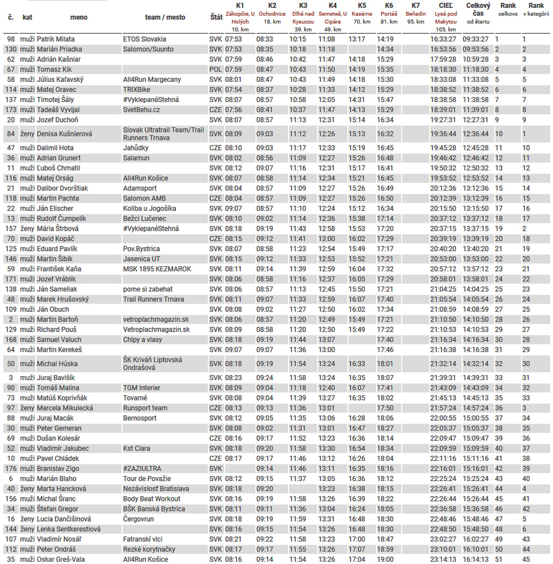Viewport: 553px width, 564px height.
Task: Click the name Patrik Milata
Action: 55,39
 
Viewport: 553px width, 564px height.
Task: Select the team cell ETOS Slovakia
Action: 144,39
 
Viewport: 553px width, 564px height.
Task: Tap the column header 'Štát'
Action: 215,17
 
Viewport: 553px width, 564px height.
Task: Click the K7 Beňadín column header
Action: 415,14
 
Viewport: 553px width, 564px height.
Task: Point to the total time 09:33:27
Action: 476,39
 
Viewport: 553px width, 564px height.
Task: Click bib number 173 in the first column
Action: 11,110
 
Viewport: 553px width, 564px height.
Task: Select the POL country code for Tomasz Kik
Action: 215,69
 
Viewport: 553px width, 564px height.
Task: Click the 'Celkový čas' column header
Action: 478,14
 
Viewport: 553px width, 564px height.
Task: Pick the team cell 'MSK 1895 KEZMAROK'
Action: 157,269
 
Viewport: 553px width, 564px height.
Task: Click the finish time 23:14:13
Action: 443,559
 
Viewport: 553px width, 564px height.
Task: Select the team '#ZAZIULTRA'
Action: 142,469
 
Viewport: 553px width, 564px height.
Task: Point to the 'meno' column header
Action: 79,17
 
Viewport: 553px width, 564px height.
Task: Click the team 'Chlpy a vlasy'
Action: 142,340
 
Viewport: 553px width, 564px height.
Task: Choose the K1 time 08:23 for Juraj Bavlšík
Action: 233,378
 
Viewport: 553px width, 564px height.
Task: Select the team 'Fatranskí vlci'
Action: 143,539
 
